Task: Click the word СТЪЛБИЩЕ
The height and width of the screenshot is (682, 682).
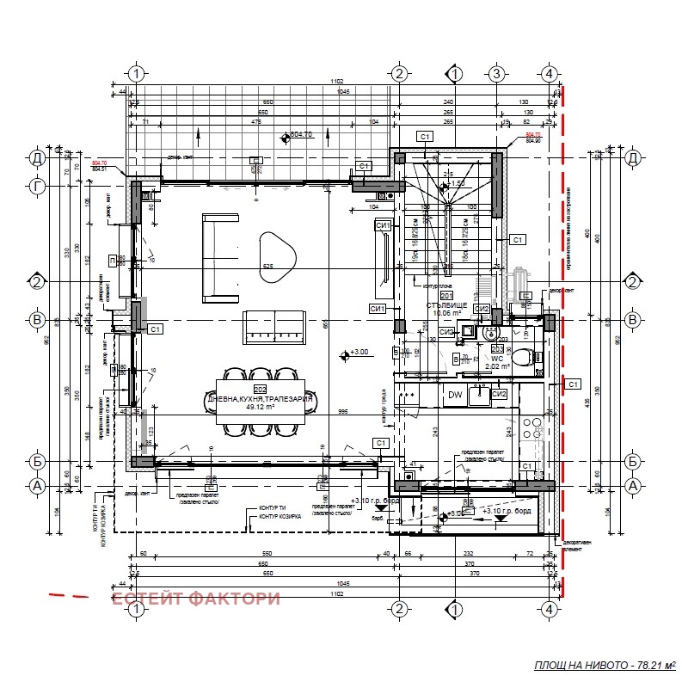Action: tap(448, 305)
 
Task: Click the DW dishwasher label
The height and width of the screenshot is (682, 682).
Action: tap(455, 395)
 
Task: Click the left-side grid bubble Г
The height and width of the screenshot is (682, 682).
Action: tap(37, 185)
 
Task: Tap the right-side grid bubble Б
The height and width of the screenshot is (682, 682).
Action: tap(633, 462)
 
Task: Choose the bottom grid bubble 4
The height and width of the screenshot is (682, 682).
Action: tap(548, 609)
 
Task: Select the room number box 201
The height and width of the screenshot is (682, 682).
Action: tap(446, 296)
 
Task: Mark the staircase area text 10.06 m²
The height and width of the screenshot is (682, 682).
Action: tap(447, 315)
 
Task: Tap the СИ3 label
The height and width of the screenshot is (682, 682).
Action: tap(445, 331)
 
